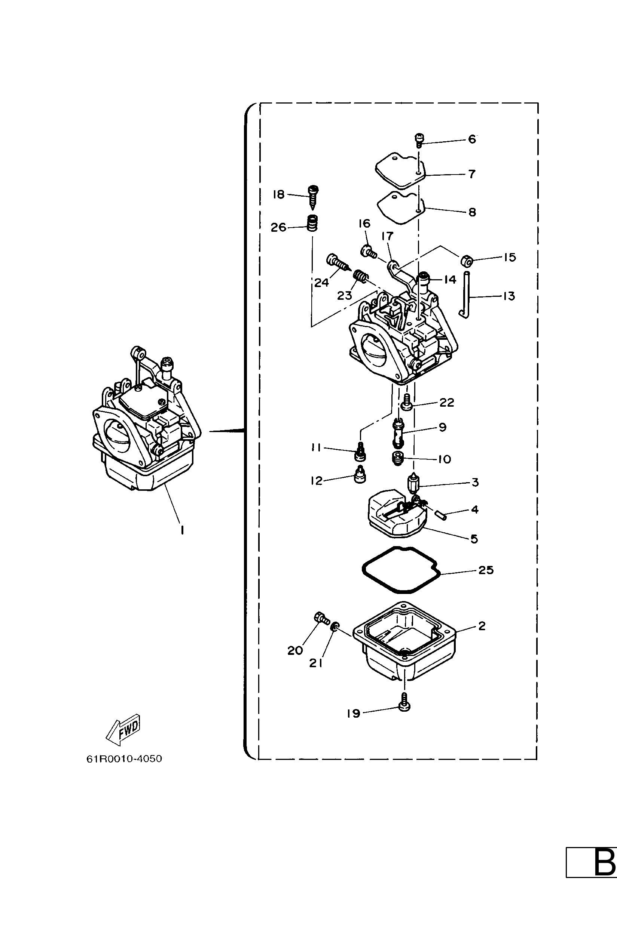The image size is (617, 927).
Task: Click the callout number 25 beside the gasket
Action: (x=486, y=570)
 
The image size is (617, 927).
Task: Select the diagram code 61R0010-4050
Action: (x=124, y=759)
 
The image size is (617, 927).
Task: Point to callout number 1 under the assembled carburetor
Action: (x=182, y=530)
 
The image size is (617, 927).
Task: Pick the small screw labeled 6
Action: (x=419, y=141)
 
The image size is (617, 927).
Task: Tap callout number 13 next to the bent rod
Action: (x=508, y=296)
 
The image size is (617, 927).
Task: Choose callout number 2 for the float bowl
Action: (x=482, y=625)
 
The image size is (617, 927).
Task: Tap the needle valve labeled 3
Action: (x=413, y=483)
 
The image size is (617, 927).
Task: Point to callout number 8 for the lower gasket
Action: (x=472, y=212)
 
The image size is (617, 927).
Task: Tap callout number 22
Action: (x=447, y=402)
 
